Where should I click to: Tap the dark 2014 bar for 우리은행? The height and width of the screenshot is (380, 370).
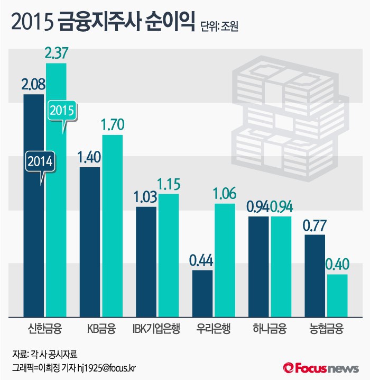[x=202, y=294]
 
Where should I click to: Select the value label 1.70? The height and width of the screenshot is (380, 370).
[x=112, y=125]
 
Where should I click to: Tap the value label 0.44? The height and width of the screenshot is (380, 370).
[x=202, y=261]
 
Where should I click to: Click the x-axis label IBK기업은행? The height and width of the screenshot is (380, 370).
[x=156, y=329]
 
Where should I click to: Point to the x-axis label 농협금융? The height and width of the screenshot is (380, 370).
[x=326, y=329]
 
